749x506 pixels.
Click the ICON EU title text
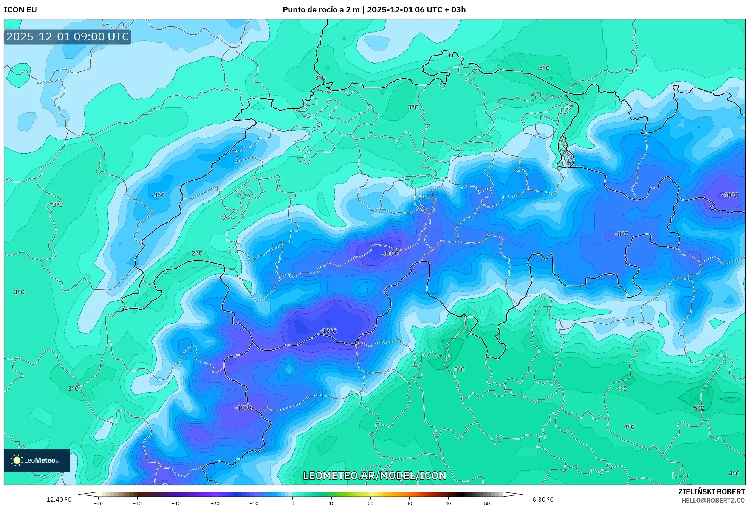coord(20,10)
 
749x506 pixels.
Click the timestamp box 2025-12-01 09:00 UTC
coord(68,37)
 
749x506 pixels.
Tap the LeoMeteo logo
coord(37,460)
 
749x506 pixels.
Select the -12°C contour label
coord(328,331)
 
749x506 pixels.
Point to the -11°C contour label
coord(390,253)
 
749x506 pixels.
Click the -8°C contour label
coord(621,234)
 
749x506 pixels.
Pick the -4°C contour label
coord(158,195)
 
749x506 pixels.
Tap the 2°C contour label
coord(197,253)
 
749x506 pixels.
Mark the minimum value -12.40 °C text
coord(57,500)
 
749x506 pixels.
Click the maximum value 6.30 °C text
coord(543,500)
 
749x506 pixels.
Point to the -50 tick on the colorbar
coord(98,503)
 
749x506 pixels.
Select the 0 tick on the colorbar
coord(292,503)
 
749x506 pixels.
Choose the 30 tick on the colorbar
coord(409,503)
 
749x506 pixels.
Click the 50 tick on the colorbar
coord(487,503)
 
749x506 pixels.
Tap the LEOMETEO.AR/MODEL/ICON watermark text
coord(374,475)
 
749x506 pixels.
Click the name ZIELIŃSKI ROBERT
coord(711,492)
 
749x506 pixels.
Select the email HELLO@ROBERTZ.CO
coord(713,500)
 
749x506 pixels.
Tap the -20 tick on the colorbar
coord(215,503)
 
